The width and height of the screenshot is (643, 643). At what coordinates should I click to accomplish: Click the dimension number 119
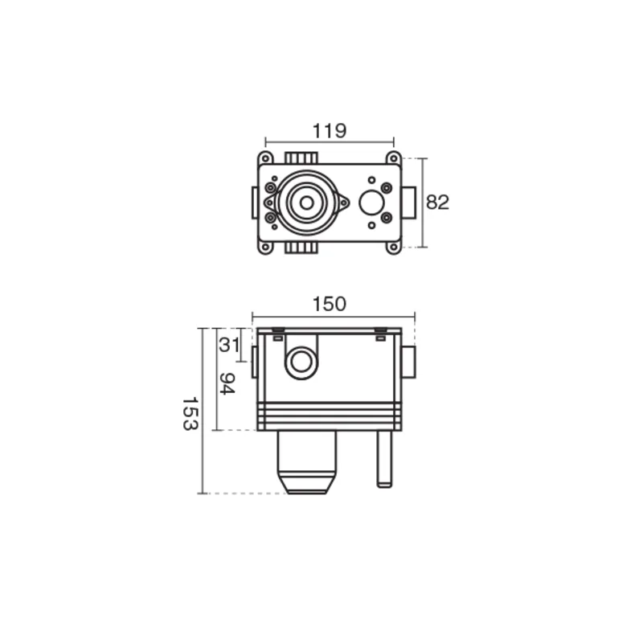tap(330, 131)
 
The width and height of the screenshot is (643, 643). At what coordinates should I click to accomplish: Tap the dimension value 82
tap(437, 203)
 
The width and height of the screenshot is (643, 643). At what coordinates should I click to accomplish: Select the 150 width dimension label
tap(330, 305)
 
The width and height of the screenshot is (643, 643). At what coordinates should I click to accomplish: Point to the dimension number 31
tap(229, 345)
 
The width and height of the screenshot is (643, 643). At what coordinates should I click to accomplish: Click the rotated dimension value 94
tap(227, 384)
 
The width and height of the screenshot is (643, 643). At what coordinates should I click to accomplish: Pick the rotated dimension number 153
tap(190, 413)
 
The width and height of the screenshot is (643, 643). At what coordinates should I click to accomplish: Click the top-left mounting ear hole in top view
tap(265, 158)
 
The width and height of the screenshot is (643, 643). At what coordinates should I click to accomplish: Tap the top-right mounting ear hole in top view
tap(394, 158)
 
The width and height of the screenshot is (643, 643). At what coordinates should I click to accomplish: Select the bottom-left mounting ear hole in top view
tap(265, 247)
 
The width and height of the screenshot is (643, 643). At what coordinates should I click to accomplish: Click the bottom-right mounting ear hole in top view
tap(394, 247)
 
